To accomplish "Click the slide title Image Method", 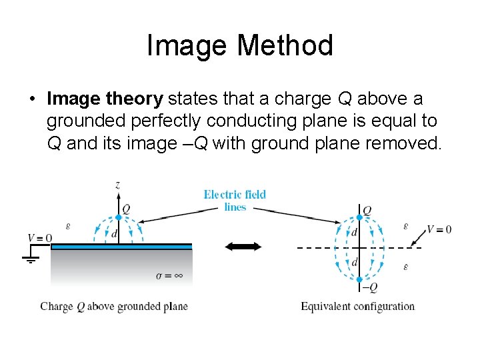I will coord(240,46).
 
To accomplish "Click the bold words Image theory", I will coord(105,99).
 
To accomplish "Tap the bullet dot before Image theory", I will coord(32,100).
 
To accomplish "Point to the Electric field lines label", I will coord(235,201).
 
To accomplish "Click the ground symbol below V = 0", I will coord(30,257).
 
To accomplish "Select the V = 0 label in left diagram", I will coord(39,238).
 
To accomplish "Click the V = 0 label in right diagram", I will coord(439,229).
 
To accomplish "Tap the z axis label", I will coord(118,186).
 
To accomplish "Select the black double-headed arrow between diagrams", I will coord(243,247).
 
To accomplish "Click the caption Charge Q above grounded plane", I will coord(114,307).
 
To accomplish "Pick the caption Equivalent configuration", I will coord(357,307).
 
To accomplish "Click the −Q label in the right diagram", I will coord(369,287).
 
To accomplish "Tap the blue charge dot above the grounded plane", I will coord(118,217).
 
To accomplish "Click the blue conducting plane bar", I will coord(121,247).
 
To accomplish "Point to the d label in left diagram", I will coord(115,233).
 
